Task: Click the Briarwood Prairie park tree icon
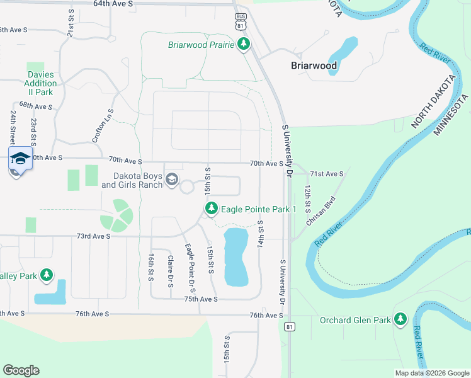click(244, 44)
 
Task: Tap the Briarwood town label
click(313, 66)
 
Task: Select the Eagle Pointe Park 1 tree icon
click(212, 208)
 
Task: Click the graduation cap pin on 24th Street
click(20, 158)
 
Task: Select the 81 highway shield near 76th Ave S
click(289, 326)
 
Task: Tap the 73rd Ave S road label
click(93, 236)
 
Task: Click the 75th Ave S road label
click(200, 299)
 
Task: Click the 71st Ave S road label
click(327, 173)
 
